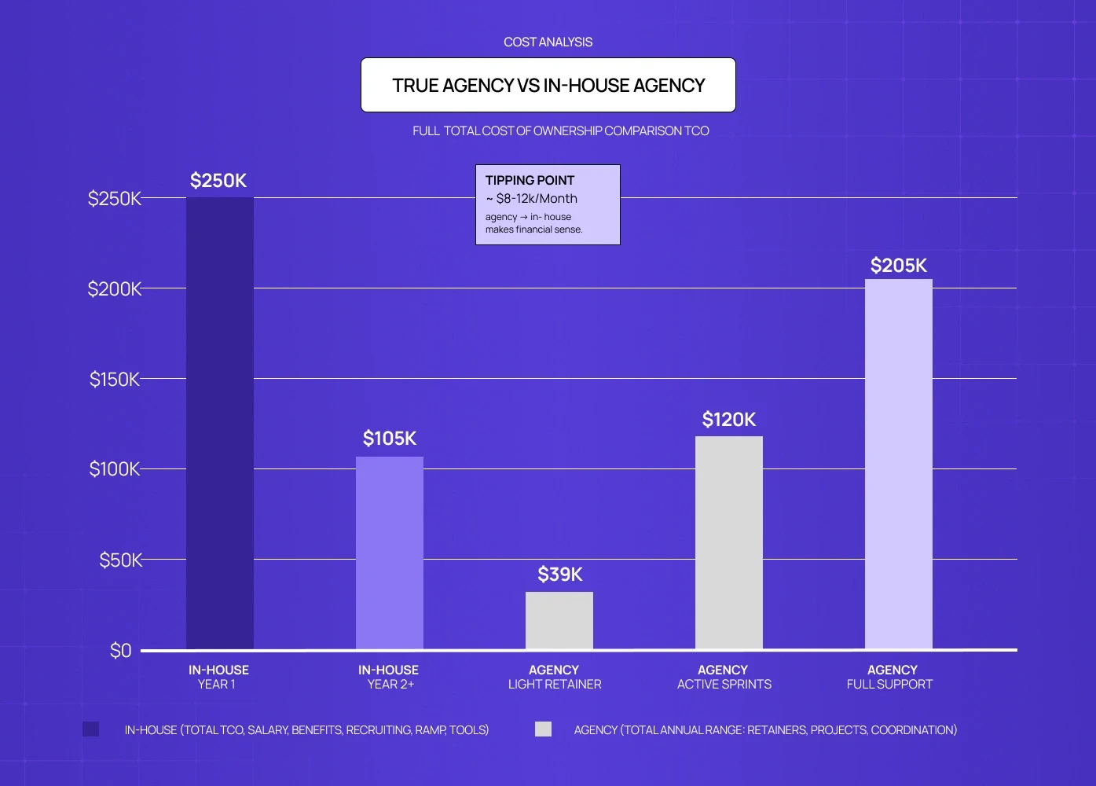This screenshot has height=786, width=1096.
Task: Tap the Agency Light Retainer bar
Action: pyautogui.click(x=559, y=620)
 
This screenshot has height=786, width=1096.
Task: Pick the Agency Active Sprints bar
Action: pyautogui.click(x=729, y=542)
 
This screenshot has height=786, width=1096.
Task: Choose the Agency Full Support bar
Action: pyautogui.click(x=899, y=464)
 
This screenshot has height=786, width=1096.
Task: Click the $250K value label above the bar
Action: pyautogui.click(x=218, y=181)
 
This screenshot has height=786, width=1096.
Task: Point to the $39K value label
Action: pyautogui.click(x=560, y=575)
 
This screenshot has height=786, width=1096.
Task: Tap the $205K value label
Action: pyautogui.click(x=899, y=266)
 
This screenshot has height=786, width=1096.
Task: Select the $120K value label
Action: pyautogui.click(x=729, y=420)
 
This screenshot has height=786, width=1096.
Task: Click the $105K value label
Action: pyautogui.click(x=390, y=439)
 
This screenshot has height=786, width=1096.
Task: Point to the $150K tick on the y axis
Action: pyautogui.click(x=115, y=380)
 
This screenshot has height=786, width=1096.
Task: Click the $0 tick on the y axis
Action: pyautogui.click(x=121, y=651)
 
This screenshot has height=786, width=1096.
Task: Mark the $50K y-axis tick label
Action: pyautogui.click(x=120, y=560)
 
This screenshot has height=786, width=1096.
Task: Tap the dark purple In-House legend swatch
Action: pyautogui.click(x=91, y=729)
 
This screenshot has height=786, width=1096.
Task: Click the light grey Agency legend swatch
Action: pyautogui.click(x=543, y=729)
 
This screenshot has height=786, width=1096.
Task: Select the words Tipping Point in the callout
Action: pyautogui.click(x=530, y=181)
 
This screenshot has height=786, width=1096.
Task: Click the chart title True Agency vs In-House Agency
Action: pyautogui.click(x=548, y=86)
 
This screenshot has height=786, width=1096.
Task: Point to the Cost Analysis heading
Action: pyautogui.click(x=548, y=42)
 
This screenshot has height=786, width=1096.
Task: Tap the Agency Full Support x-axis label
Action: pyautogui.click(x=890, y=677)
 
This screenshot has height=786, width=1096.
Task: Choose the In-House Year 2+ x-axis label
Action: pyautogui.click(x=389, y=677)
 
